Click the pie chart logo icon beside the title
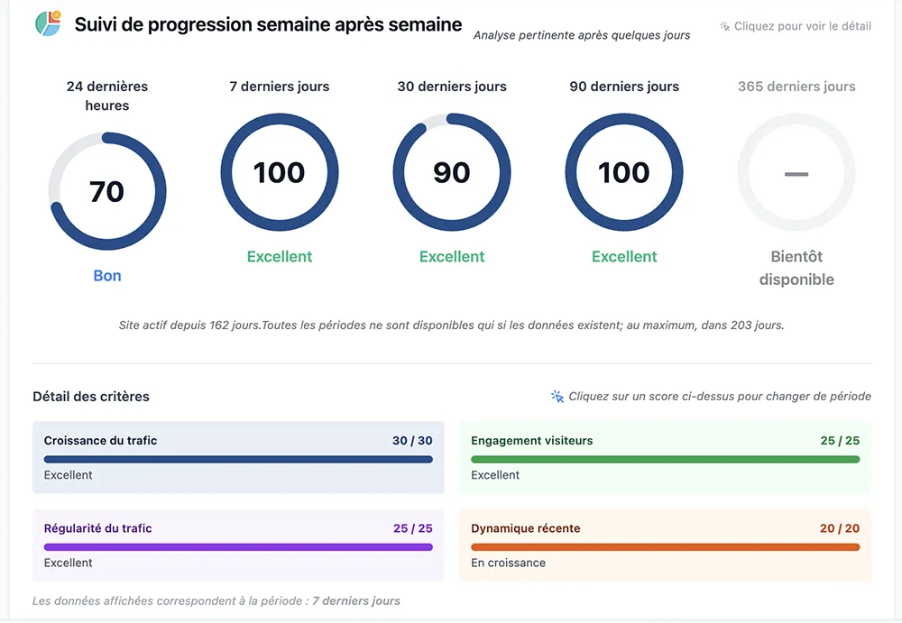(47, 24)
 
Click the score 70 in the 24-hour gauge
(106, 191)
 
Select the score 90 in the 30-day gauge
(451, 172)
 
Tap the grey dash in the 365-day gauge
(796, 172)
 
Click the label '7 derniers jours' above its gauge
(280, 87)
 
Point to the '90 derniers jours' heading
(624, 87)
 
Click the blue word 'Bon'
(106, 276)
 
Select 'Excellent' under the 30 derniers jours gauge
(452, 257)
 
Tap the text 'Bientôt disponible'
(796, 268)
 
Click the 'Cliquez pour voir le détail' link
(802, 26)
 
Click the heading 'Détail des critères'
(91, 397)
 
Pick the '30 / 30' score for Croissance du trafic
(412, 441)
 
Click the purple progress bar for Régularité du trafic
(238, 546)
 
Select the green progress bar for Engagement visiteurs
(665, 459)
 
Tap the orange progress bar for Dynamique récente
(665, 546)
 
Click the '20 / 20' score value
(839, 528)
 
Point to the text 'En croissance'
(508, 563)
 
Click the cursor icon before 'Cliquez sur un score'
(557, 397)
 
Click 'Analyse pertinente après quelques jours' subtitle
(582, 35)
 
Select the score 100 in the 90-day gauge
(623, 172)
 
